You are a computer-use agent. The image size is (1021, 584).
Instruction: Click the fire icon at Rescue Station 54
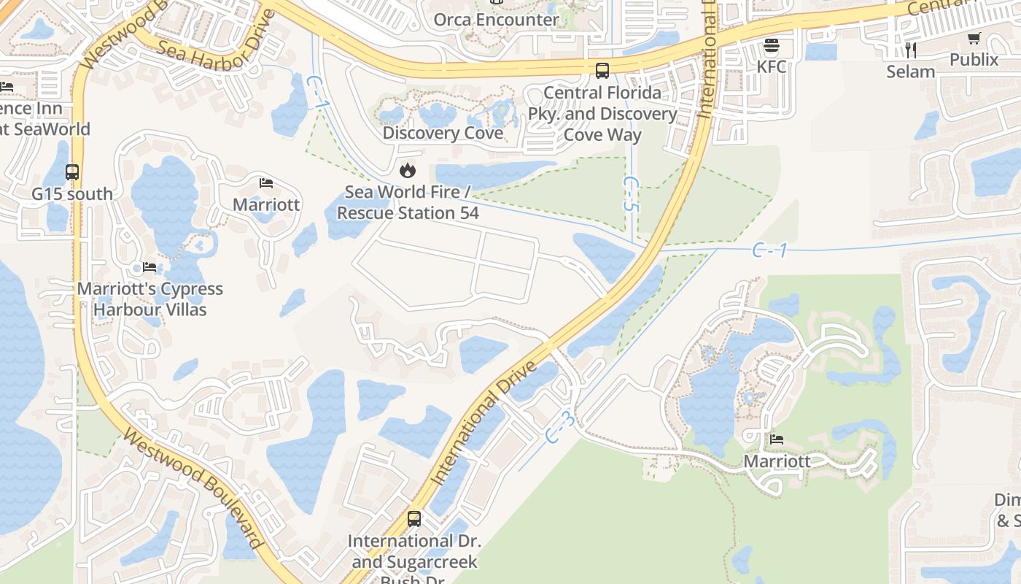coord(407,171)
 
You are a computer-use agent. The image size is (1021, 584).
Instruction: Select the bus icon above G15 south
coord(72,173)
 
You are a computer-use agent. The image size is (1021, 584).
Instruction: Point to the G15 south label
coord(72,194)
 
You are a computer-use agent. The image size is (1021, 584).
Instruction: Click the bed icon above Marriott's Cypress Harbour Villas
coord(150,267)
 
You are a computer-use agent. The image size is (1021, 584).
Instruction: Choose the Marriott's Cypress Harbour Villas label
coord(150,299)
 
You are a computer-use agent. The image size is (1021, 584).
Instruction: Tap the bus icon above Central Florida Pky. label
coord(602,71)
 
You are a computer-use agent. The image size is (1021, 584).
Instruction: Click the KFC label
coord(772,66)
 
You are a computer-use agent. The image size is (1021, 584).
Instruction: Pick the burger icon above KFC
coord(772,46)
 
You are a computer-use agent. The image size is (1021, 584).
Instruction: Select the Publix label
coord(974,59)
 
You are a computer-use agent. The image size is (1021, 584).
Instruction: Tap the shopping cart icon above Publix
coord(974,39)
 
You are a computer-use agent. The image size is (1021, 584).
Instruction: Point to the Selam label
coord(911,72)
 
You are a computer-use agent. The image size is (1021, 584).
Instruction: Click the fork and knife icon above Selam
coord(911,50)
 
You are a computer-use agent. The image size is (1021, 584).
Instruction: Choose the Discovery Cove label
coord(443,133)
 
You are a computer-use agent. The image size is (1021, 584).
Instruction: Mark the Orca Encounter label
coord(497,20)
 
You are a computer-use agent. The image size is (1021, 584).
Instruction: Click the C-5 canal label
coord(632,193)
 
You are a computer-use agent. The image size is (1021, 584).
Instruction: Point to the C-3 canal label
coord(559,427)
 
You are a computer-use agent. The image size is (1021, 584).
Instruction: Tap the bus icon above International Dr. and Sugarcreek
coord(414,520)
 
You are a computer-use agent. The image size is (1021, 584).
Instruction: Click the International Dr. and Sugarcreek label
coord(414,551)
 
